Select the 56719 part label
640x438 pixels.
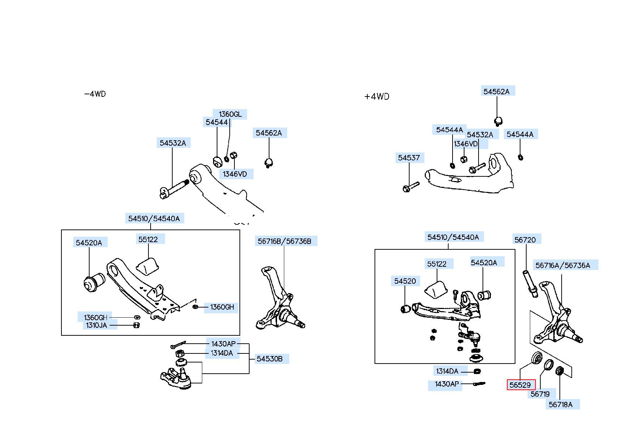tap(540, 394)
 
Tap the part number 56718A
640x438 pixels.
tap(561, 404)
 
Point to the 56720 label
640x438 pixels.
tap(525, 240)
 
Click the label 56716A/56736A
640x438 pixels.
tap(563, 265)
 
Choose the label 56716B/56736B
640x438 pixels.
tap(284, 241)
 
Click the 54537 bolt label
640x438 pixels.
tap(409, 158)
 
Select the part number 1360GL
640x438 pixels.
tap(230, 114)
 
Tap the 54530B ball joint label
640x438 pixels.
tap(270, 359)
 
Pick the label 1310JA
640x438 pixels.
tap(96, 325)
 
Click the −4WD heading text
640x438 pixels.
tap(95, 94)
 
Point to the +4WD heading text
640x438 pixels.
tap(377, 96)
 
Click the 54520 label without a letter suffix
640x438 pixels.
tap(405, 281)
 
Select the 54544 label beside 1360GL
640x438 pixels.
tap(217, 122)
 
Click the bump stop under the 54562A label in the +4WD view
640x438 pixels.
tap(498, 121)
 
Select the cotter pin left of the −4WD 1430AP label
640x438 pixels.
tap(178, 344)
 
